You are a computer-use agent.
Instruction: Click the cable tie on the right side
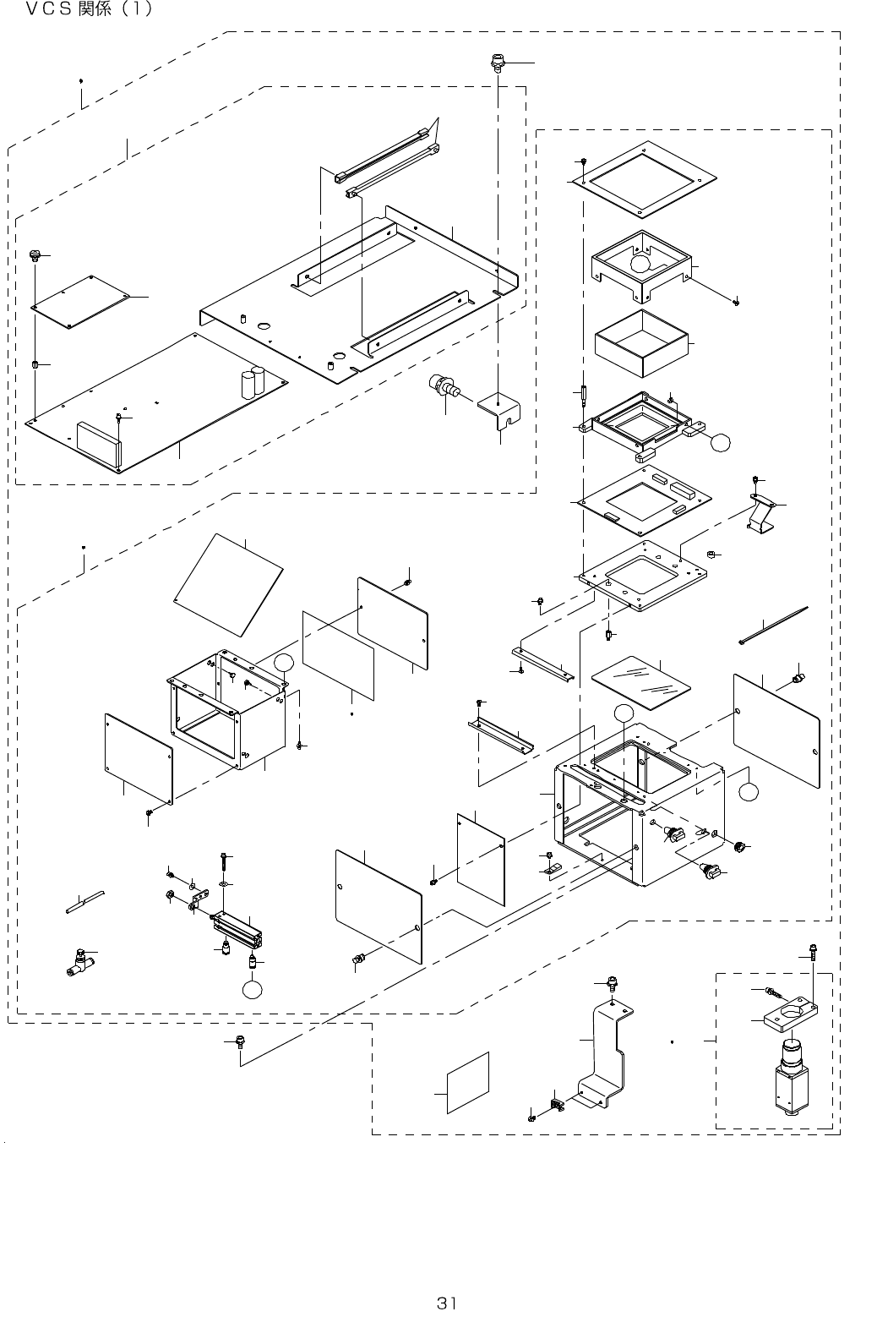(773, 625)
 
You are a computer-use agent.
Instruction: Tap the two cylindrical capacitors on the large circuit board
(254, 384)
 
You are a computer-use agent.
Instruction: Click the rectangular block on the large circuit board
(99, 443)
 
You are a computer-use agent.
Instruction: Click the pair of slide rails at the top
(388, 163)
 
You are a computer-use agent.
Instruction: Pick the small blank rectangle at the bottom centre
(467, 1083)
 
